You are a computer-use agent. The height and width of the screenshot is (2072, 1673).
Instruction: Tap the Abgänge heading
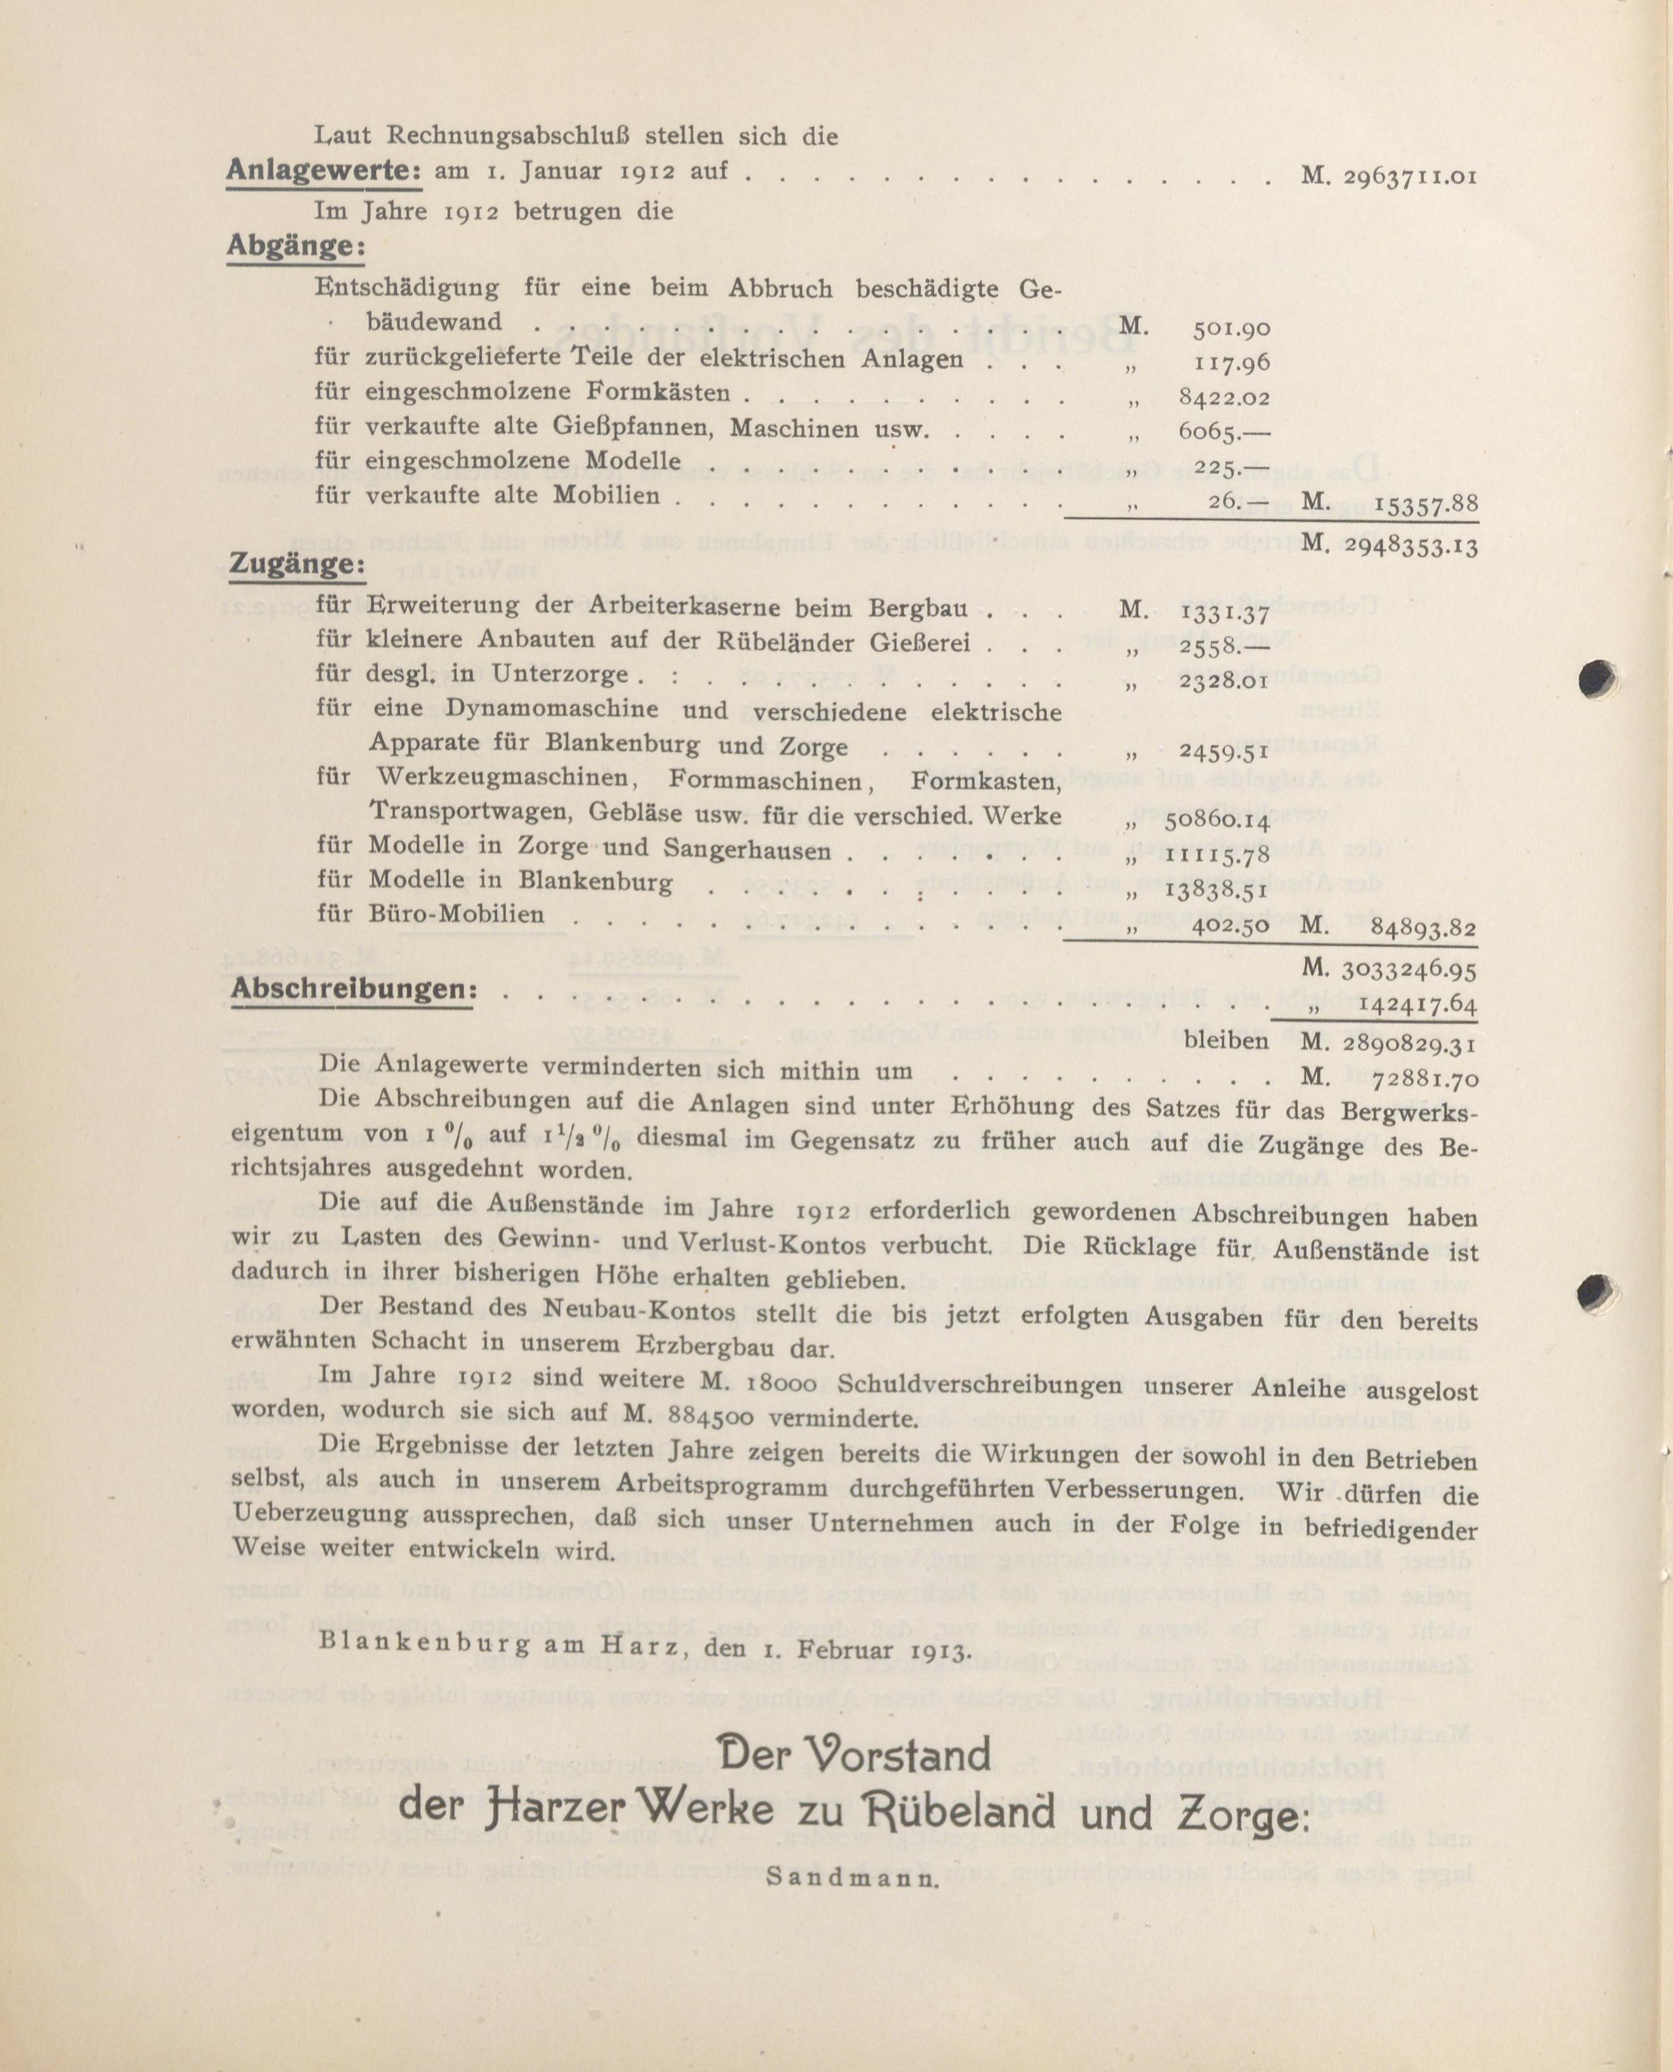tap(296, 247)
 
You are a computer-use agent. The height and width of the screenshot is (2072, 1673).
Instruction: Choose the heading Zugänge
tap(296, 566)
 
